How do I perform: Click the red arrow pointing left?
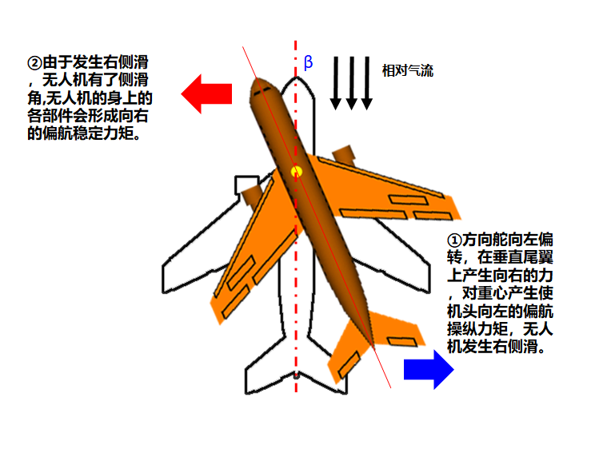(206, 93)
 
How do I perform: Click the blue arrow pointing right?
(429, 368)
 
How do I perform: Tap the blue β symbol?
(309, 63)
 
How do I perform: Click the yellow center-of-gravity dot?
(297, 170)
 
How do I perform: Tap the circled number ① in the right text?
(453, 240)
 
